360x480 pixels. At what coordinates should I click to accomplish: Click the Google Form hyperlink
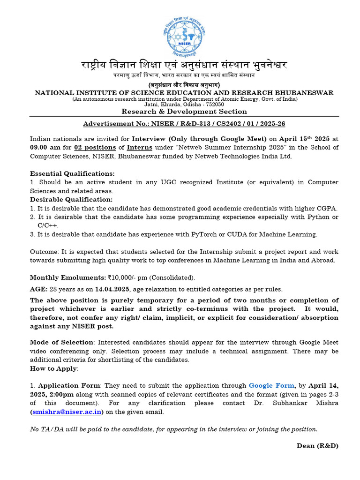point(271,385)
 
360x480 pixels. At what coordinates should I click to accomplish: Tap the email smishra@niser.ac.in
point(66,412)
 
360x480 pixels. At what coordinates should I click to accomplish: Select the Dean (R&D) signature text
point(317,445)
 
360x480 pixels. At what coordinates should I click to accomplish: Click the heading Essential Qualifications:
point(72,173)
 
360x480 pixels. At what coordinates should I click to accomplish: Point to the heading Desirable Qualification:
point(71,200)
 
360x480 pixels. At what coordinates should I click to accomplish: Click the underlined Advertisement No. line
point(184,124)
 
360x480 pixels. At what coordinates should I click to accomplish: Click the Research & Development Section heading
point(184,112)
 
